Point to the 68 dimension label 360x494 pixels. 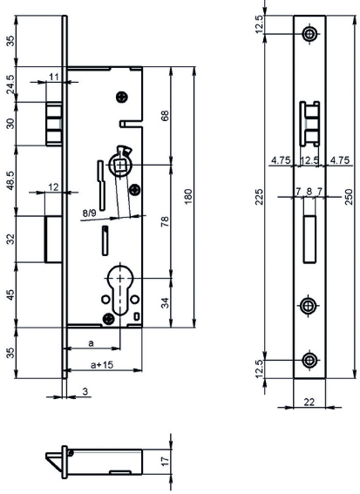[165, 116]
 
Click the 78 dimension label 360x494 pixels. [165, 221]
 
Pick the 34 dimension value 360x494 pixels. [165, 302]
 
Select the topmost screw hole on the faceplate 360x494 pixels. [309, 33]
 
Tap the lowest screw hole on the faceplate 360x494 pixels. [309, 360]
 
